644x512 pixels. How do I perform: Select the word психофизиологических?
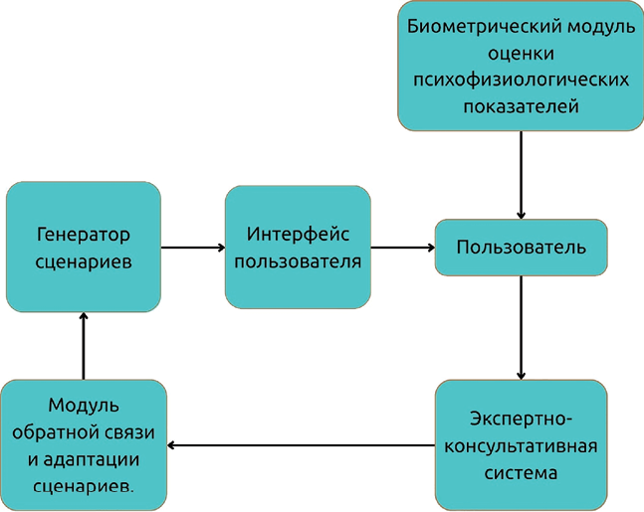pos(521,79)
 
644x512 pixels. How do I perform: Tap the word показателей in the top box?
pos(521,105)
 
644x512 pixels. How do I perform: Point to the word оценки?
pos(521,53)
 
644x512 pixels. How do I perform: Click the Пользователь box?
pos(521,247)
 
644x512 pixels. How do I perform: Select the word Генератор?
pos(84,235)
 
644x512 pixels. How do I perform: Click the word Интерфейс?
pos(297,235)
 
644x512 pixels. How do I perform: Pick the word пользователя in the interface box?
pos(297,261)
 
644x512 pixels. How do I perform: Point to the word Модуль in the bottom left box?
pos(84,406)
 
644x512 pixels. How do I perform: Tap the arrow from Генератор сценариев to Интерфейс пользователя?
pos(192,248)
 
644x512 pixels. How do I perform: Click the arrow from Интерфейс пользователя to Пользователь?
pos(402,248)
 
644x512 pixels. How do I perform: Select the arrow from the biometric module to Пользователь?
pos(521,174)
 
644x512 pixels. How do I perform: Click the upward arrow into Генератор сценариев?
pos(84,345)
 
